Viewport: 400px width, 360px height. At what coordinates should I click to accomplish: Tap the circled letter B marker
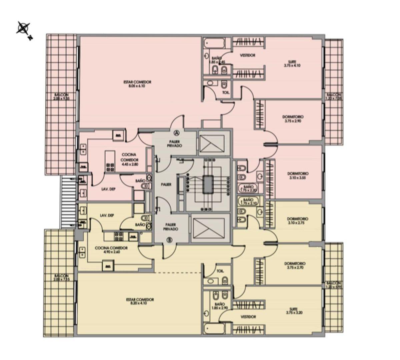click(169, 239)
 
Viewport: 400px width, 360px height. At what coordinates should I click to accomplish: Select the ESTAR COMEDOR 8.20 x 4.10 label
click(140, 301)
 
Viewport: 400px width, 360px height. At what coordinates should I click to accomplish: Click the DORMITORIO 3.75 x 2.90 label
click(293, 119)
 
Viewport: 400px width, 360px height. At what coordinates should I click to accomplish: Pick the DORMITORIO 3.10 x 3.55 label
click(298, 176)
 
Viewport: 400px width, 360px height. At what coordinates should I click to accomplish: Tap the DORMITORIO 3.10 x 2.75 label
click(298, 221)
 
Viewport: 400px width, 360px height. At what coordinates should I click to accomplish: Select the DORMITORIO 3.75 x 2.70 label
click(295, 265)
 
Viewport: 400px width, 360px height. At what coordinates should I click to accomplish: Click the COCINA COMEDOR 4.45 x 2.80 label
click(129, 157)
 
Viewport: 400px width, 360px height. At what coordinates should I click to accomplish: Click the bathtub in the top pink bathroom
click(214, 43)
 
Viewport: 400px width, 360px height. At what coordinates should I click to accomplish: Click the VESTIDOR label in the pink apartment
click(248, 55)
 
